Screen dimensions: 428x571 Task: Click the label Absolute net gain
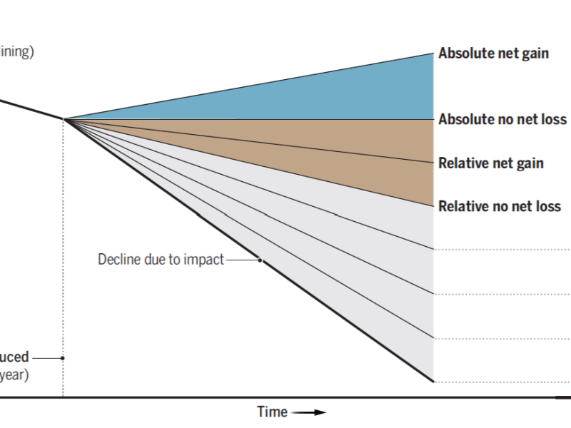pos(493,53)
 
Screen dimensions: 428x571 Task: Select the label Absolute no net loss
pos(502,119)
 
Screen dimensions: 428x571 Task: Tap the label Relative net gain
pos(491,163)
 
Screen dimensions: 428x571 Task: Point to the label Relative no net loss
pos(500,207)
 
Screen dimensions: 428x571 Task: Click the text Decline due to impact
pos(161,260)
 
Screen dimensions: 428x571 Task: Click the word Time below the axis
pos(272,412)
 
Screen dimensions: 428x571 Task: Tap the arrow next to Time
pos(308,412)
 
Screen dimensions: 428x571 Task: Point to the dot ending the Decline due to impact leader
pos(261,260)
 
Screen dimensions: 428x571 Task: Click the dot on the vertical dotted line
pos(63,357)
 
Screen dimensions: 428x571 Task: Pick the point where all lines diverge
pos(64,119)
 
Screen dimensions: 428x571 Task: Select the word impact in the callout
pos(203,260)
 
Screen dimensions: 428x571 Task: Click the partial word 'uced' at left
pos(14,357)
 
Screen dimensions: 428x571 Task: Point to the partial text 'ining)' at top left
pos(16,52)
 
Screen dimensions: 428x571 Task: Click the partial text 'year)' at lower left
pos(14,374)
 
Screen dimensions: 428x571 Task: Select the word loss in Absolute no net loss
pos(552,119)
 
